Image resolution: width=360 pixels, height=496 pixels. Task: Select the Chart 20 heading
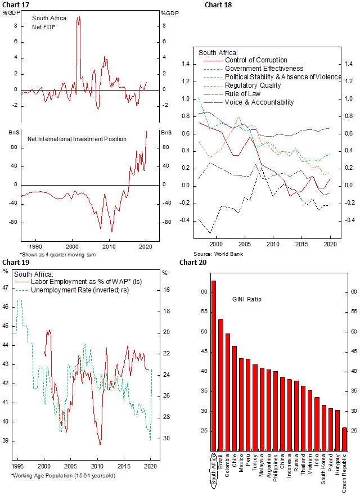(x=192, y=262)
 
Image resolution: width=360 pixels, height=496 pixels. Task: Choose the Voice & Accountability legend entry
(x=259, y=102)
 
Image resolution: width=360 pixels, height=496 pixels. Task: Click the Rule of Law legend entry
(x=244, y=94)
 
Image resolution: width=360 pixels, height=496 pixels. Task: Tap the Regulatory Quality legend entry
(x=253, y=85)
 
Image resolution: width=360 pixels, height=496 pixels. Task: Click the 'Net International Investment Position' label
(x=77, y=138)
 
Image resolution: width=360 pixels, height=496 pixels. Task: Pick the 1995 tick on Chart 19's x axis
(x=17, y=466)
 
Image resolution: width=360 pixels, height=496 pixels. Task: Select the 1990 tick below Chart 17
(x=35, y=246)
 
